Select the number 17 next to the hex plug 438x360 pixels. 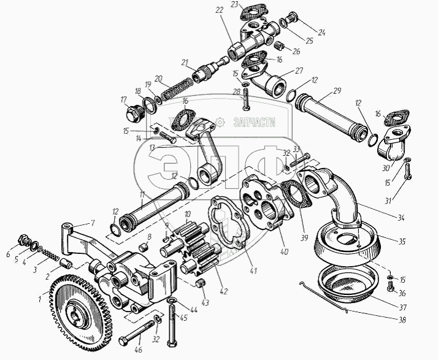[x=123, y=99]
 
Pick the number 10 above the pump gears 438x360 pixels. [x=188, y=213]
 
